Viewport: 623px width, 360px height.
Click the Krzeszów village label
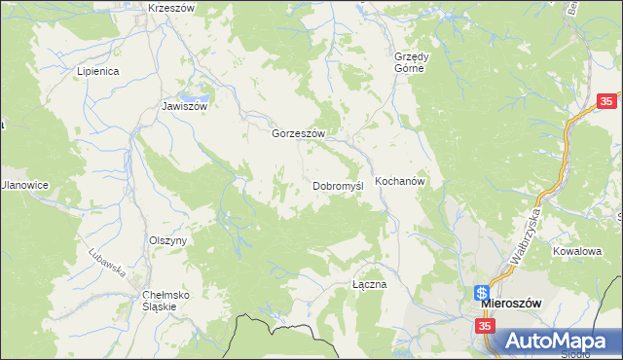[171, 8]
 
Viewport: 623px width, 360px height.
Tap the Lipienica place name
[97, 71]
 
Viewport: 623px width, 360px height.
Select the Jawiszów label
[185, 107]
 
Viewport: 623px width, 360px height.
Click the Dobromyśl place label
[338, 186]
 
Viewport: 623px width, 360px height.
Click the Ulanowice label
[24, 185]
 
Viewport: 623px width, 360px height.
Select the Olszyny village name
[167, 240]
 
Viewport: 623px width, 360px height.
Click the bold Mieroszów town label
[519, 303]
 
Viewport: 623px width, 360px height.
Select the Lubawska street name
[108, 259]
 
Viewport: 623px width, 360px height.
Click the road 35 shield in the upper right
[607, 101]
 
